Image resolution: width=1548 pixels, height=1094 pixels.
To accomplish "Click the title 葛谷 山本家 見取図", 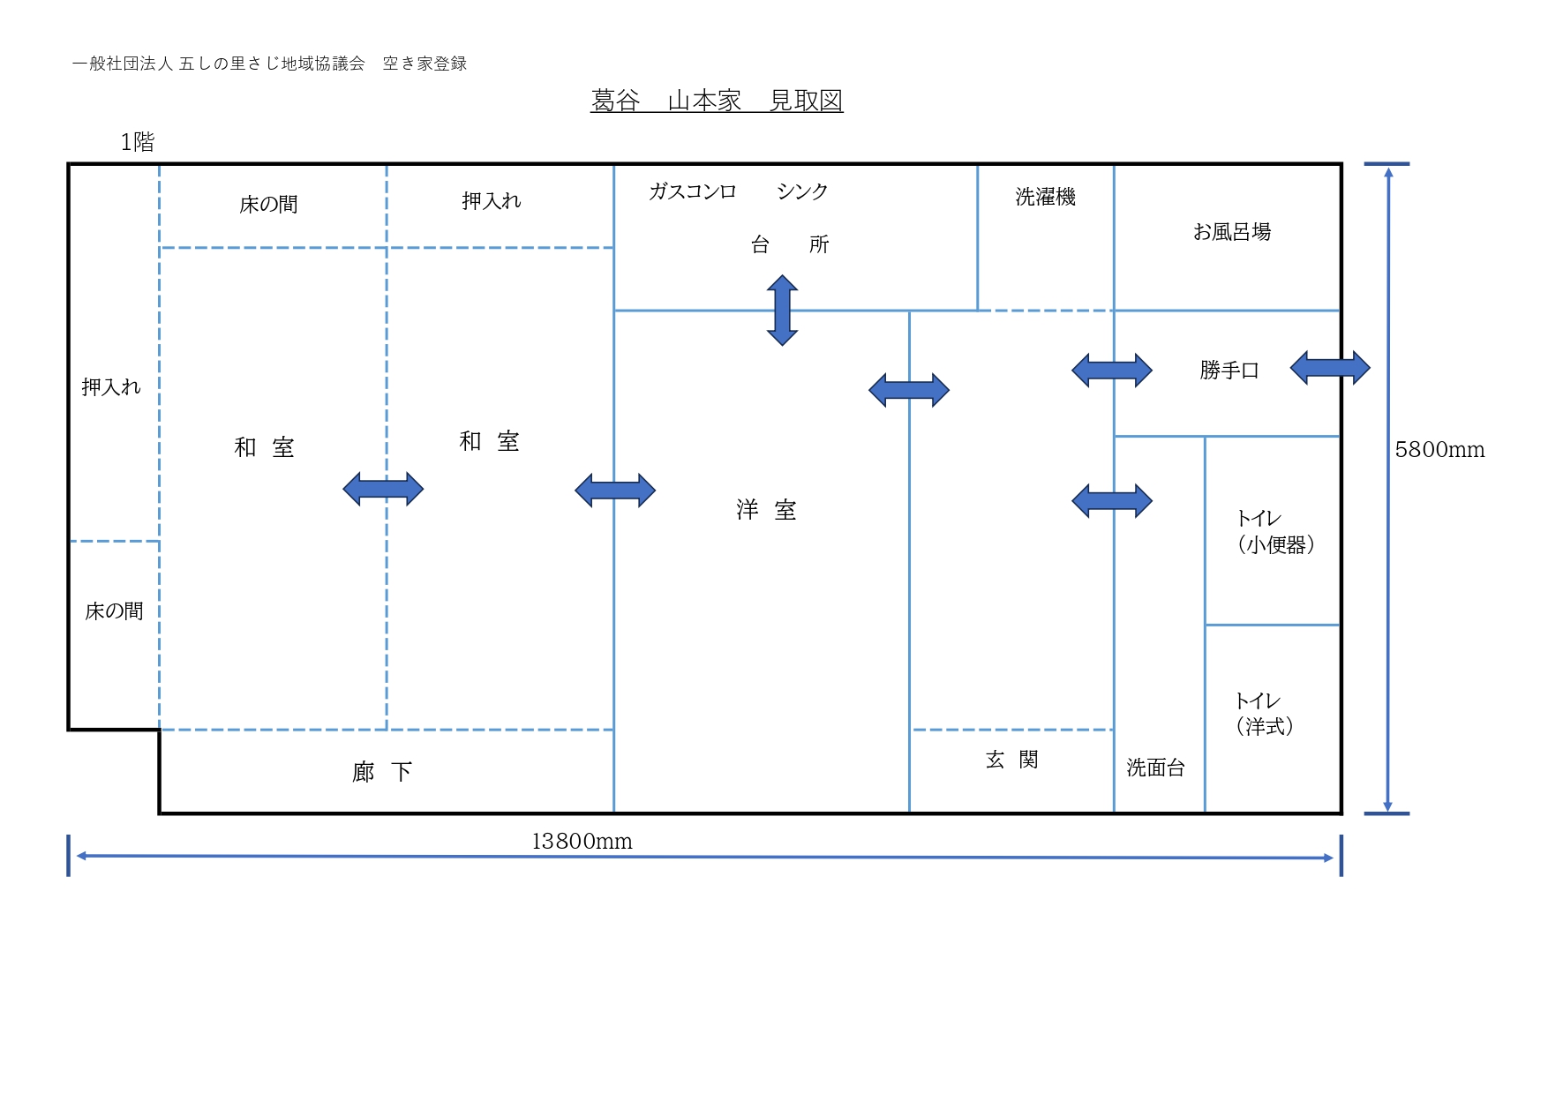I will tap(716, 101).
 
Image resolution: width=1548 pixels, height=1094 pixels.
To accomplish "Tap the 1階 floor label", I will tap(137, 142).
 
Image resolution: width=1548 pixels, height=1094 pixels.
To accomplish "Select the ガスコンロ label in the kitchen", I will tap(692, 191).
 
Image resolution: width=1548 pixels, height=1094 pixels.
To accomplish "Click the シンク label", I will tap(802, 191).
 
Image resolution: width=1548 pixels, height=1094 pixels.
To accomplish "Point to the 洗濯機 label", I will tap(1045, 197).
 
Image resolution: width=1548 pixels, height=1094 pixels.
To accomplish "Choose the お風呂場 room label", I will tap(1231, 232).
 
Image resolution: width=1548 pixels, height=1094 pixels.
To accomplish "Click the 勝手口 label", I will tap(1229, 371).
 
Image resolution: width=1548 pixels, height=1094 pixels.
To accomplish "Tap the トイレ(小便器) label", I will tap(1275, 532).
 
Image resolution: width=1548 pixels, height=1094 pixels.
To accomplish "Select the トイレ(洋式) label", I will tap(1264, 714).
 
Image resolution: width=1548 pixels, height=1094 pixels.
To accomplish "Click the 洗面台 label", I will tap(1155, 768).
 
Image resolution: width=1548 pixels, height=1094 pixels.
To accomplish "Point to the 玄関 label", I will tap(1011, 760).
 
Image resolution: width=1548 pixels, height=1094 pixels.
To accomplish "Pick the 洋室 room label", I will tap(766, 510).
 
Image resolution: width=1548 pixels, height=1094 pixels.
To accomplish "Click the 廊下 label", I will tap(382, 772).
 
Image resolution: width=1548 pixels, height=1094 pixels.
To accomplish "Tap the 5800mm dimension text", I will tap(1439, 450).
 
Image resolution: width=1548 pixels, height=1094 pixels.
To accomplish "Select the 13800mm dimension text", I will tap(582, 842).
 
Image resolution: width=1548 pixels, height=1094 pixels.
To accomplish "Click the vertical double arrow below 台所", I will tap(782, 310).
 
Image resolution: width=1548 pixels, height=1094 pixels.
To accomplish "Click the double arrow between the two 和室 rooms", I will tap(383, 489).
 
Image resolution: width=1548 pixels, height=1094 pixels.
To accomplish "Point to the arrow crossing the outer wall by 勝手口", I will tap(1329, 367).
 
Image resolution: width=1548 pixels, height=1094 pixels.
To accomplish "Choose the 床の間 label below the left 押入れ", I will tap(114, 611).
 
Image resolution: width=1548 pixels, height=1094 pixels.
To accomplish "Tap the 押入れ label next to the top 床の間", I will tap(491, 201).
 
